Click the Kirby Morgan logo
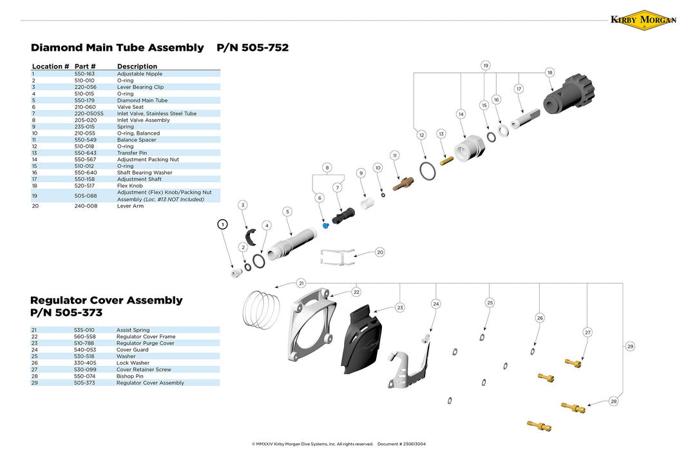tap(643, 20)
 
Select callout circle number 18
tap(549, 73)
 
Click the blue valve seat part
tap(325, 225)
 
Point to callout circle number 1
tap(222, 224)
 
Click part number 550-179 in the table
tap(85, 101)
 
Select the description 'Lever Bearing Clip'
tap(140, 87)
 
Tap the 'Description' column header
tap(137, 66)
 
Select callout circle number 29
tap(630, 347)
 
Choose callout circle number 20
tap(380, 252)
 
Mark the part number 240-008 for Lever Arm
tap(85, 206)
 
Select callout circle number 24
tap(436, 303)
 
